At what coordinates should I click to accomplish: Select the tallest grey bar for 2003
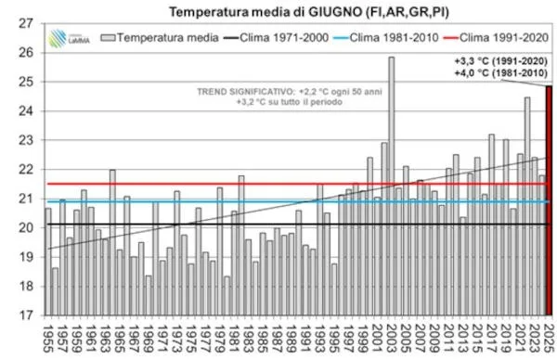391,186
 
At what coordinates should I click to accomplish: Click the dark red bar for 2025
549,199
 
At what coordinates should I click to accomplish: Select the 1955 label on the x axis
48,337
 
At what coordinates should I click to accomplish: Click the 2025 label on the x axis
549,337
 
